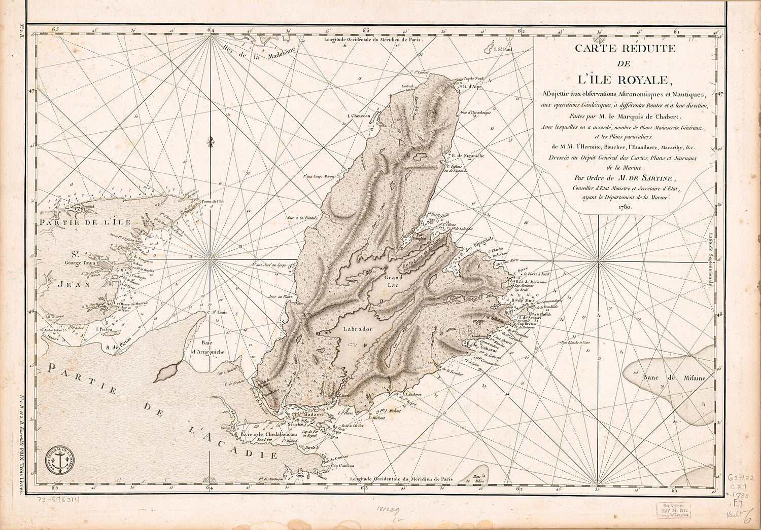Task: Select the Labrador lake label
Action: tap(358, 329)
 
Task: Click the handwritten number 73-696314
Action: tap(58, 500)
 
